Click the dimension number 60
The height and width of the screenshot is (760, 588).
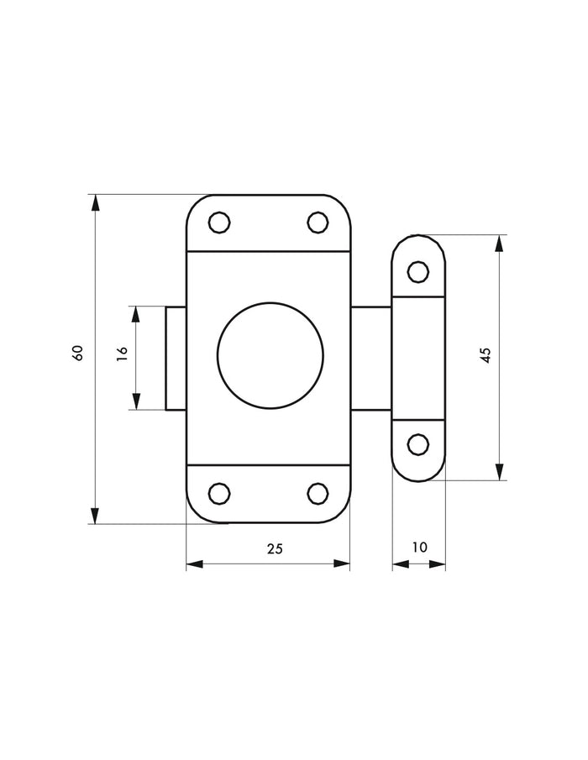click(x=78, y=353)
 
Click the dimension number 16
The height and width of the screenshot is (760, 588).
click(x=122, y=354)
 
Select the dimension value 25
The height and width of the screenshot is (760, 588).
click(x=275, y=548)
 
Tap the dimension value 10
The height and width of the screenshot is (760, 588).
click(x=420, y=548)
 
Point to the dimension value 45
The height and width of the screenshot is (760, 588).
click(x=486, y=355)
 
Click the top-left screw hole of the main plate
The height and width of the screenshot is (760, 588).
click(x=219, y=223)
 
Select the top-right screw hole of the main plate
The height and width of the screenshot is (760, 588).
click(x=318, y=223)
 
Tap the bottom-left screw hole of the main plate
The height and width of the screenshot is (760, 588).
click(x=219, y=494)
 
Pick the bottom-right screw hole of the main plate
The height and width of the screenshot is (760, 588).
click(x=318, y=494)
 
